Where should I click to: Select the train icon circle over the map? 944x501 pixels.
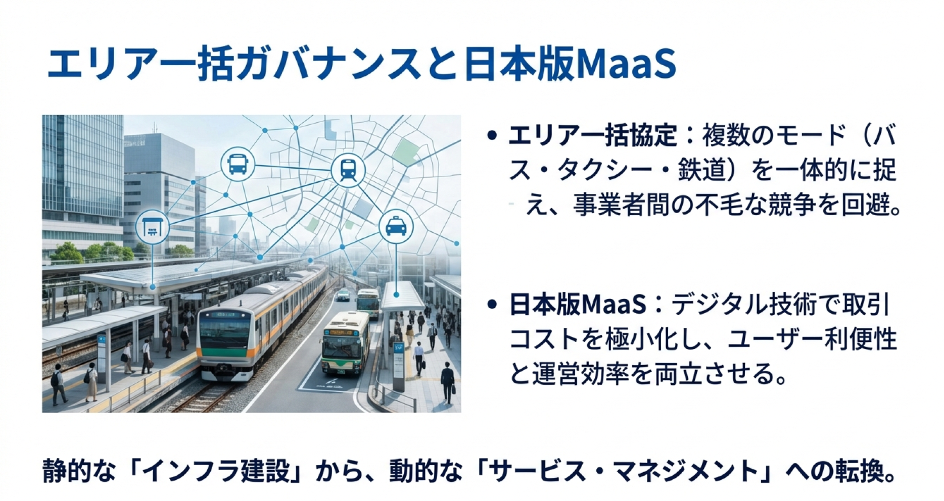pyautogui.click(x=348, y=170)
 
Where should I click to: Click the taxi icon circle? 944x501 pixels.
pyautogui.click(x=396, y=226)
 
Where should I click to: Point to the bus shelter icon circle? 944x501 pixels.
pyautogui.click(x=153, y=226)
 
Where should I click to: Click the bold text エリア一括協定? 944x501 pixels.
pyautogui.click(x=592, y=135)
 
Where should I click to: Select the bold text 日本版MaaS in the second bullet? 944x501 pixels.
pyautogui.click(x=578, y=305)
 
